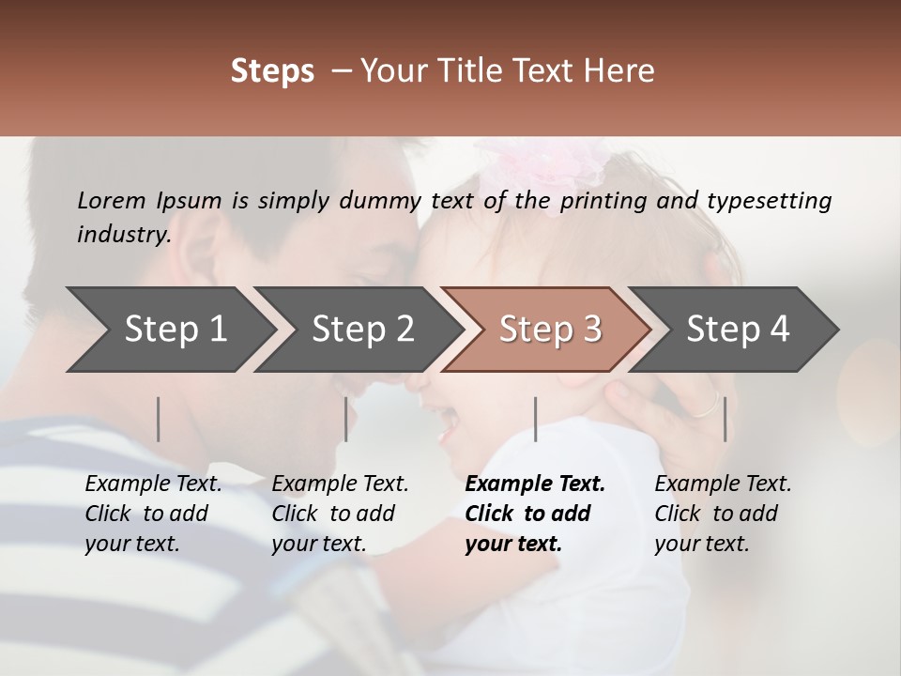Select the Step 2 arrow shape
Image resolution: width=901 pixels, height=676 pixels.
[x=362, y=330]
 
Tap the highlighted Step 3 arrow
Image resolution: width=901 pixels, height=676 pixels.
[x=550, y=330]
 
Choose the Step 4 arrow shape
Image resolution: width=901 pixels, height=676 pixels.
[x=738, y=330]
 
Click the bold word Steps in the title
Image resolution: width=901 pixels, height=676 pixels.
[x=272, y=71]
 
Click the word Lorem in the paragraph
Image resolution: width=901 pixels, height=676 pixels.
[x=110, y=200]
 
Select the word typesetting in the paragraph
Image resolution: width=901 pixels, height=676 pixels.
[x=769, y=201]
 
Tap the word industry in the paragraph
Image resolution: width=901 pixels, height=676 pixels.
[x=123, y=235]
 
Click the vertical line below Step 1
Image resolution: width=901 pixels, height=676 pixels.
[x=159, y=419]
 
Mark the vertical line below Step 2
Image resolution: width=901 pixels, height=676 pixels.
[x=346, y=419]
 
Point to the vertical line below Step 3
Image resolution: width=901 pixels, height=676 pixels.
[x=536, y=419]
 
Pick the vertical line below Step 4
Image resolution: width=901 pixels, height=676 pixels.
[x=725, y=419]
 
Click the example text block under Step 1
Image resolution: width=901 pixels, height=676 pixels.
[x=153, y=514]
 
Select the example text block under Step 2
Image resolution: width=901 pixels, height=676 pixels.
[x=340, y=514]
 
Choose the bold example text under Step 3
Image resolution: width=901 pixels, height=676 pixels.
[x=535, y=514]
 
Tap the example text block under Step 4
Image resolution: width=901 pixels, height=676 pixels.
[x=723, y=514]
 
